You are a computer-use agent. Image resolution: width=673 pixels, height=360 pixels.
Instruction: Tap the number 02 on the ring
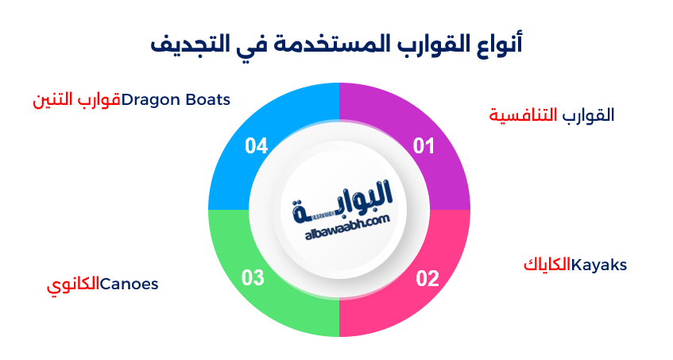click(x=427, y=278)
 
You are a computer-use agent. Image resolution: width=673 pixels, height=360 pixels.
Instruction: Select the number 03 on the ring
click(x=253, y=278)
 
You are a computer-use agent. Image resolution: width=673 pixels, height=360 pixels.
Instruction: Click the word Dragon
click(x=151, y=100)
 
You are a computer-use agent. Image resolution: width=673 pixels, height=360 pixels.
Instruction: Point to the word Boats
click(x=207, y=100)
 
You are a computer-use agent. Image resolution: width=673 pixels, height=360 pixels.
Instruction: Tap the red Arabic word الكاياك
click(x=547, y=265)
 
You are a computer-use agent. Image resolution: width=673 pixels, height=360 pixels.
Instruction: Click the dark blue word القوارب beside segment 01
click(x=588, y=115)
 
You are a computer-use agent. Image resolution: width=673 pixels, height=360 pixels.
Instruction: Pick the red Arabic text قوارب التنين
click(x=75, y=100)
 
